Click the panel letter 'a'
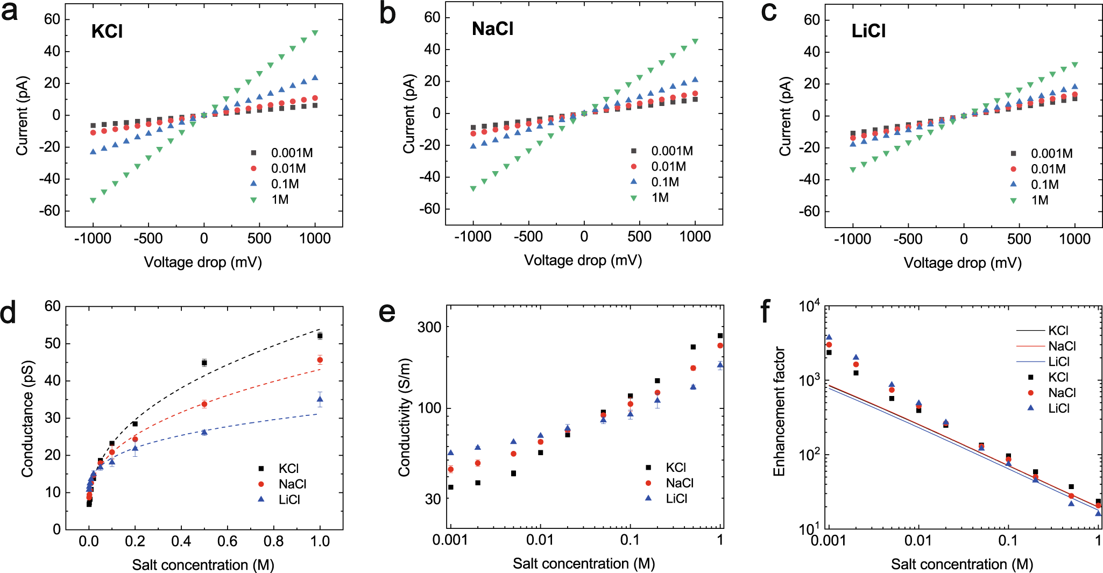click(10, 12)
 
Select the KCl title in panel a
click(107, 31)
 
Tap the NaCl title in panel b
click(492, 29)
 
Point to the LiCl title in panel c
click(868, 31)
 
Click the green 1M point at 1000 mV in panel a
click(315, 33)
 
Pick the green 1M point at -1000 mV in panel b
click(473, 189)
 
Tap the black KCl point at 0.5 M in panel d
click(204, 363)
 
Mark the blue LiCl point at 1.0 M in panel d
click(320, 399)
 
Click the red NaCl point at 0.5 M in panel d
click(204, 404)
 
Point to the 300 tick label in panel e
click(429, 327)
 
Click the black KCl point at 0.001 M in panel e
click(451, 487)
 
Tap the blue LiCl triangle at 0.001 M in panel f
click(829, 337)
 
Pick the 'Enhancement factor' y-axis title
click(779, 412)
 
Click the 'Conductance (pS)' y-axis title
click(27, 419)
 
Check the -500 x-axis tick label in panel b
click(528, 237)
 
